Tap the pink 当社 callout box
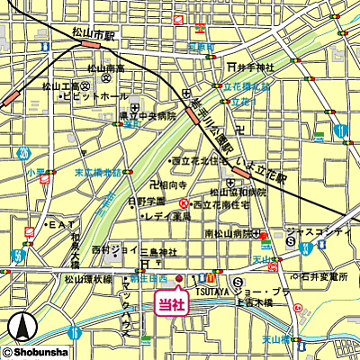(x=171, y=303)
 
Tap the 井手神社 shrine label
(x=255, y=67)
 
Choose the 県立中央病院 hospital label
(x=145, y=116)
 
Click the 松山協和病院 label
(x=238, y=192)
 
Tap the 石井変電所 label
(x=326, y=277)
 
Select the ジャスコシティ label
(x=320, y=232)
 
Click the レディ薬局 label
(x=167, y=216)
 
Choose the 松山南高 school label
(x=106, y=68)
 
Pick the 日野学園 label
(x=147, y=201)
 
